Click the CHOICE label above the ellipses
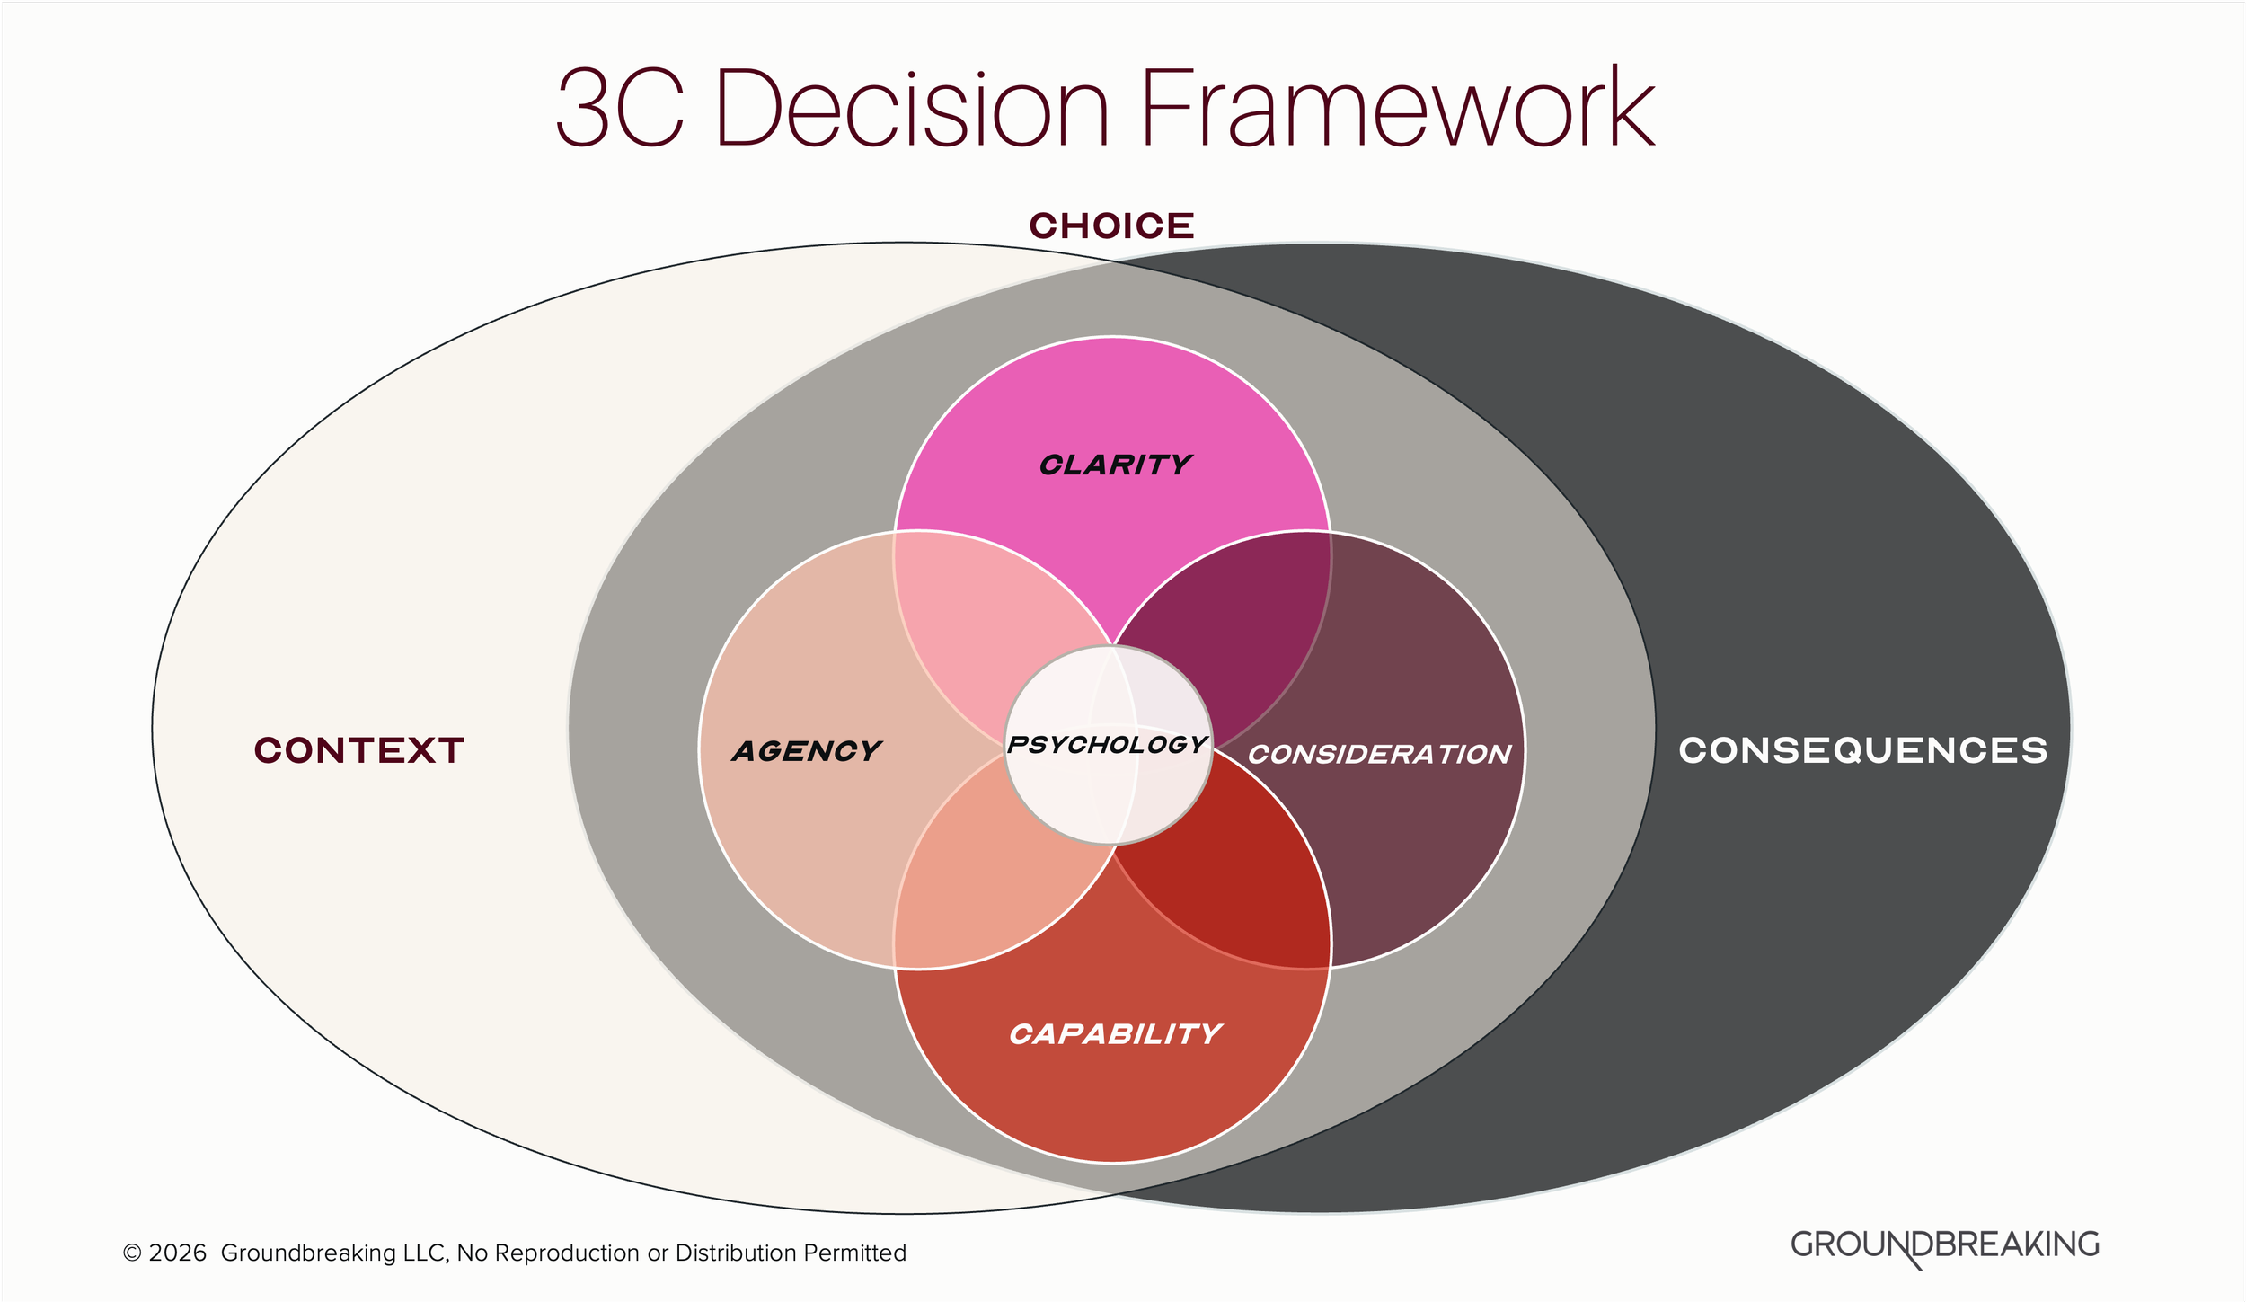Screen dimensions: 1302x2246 click(x=1111, y=226)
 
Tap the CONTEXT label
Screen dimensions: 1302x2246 click(x=358, y=750)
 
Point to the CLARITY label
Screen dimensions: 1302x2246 click(x=1115, y=465)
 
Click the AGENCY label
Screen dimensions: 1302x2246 click(x=806, y=751)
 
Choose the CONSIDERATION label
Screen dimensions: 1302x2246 click(x=1379, y=754)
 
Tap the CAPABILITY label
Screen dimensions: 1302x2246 click(x=1115, y=1034)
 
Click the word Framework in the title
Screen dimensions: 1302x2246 click(x=1397, y=110)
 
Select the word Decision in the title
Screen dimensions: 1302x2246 click(x=912, y=110)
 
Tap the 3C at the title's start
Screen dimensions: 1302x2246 click(x=620, y=110)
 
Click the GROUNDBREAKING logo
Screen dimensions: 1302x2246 click(x=1944, y=1246)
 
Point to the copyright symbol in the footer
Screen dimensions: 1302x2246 click(x=132, y=1253)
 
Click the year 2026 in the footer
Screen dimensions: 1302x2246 click(x=177, y=1253)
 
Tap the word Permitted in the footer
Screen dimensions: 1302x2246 click(x=854, y=1253)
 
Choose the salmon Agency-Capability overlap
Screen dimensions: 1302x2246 click(x=979, y=885)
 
